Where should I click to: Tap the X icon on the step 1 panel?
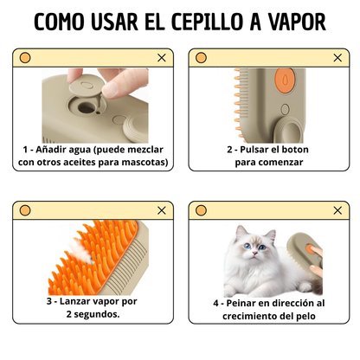click(161, 58)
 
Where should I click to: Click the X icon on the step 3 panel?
click(161, 211)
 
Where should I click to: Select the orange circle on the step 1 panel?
click(25, 58)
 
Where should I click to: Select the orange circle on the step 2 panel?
click(201, 58)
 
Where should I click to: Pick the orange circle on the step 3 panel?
click(25, 211)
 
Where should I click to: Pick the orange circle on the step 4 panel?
click(201, 211)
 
